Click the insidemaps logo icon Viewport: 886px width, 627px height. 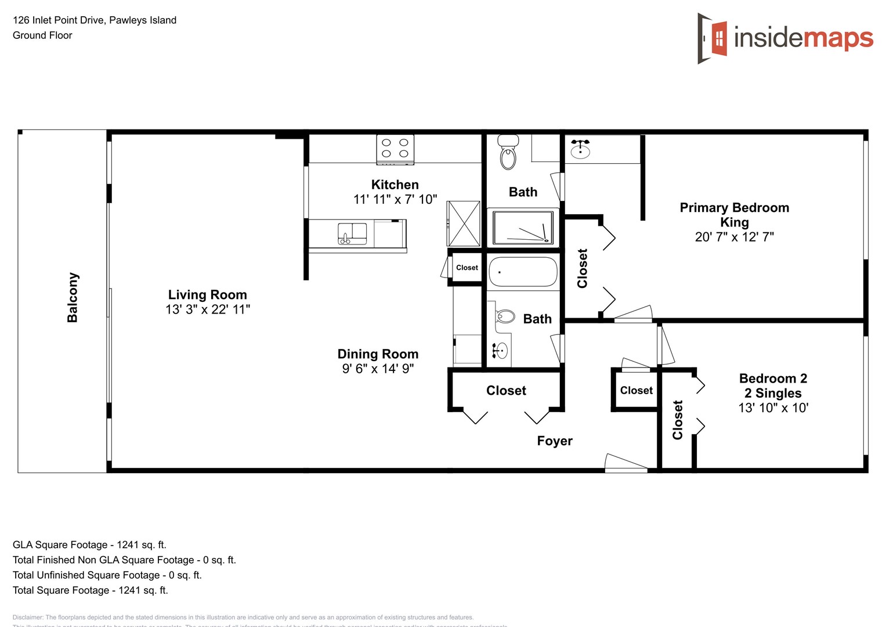tap(713, 38)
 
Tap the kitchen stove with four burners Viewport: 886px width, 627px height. tap(395, 149)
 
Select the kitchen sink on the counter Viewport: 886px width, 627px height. tap(352, 233)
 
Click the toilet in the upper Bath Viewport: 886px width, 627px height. tap(508, 153)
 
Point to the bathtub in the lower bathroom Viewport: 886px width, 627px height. tap(523, 272)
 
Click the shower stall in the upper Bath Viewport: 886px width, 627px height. tap(523, 228)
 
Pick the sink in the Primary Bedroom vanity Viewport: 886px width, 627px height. tap(580, 150)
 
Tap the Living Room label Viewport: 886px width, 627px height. tap(207, 295)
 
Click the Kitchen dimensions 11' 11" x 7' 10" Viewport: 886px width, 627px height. tap(395, 200)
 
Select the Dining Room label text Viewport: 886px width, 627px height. tap(378, 354)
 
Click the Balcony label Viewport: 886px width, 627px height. tap(73, 297)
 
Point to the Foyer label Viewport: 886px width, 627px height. tap(555, 441)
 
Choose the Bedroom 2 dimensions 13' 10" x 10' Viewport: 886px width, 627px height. tap(773, 408)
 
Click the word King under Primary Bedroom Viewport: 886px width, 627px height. tap(734, 222)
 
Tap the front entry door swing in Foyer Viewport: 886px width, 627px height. tap(625, 463)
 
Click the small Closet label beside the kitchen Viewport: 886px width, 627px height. tap(467, 268)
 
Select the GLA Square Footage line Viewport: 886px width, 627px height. tap(89, 545)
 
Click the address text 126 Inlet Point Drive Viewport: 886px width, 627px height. tap(95, 20)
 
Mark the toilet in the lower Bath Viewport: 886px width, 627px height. tap(505, 316)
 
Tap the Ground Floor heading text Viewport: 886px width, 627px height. tap(42, 35)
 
